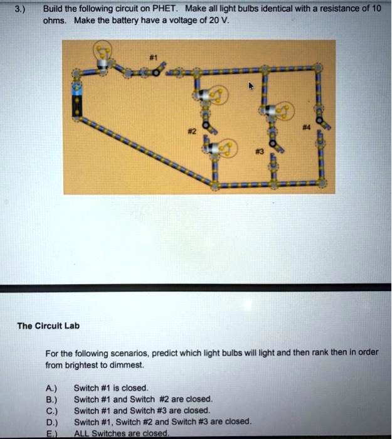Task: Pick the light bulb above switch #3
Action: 280,112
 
